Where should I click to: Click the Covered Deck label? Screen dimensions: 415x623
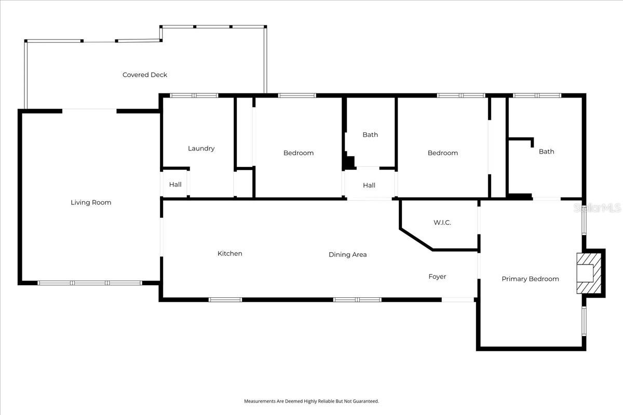coord(145,75)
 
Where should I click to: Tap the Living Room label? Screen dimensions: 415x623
coord(91,202)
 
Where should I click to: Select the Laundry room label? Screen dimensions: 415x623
coord(201,148)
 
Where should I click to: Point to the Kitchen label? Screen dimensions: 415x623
coord(229,254)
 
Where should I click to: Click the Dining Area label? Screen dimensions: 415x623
coord(347,255)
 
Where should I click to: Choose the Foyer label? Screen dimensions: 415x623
coord(437,276)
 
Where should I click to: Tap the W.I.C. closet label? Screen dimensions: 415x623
coord(442,223)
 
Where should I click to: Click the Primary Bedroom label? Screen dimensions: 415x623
coord(530,279)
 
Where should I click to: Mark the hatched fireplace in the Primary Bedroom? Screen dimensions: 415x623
coord(591,273)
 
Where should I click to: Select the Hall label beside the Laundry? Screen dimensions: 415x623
coord(175,185)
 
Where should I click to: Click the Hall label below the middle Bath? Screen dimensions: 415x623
coord(369,185)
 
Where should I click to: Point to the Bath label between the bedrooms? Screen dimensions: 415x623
coord(370,135)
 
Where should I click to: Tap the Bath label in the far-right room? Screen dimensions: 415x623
coord(546,151)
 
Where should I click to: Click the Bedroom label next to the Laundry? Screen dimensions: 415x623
coord(299,153)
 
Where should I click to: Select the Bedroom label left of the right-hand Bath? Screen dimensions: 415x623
coord(443,153)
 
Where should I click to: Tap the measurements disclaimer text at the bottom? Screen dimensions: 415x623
coord(311,401)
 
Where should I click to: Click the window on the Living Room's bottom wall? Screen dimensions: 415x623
coord(90,283)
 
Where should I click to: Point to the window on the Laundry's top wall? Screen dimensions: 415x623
coord(194,95)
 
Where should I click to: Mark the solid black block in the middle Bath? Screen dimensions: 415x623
coord(349,163)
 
